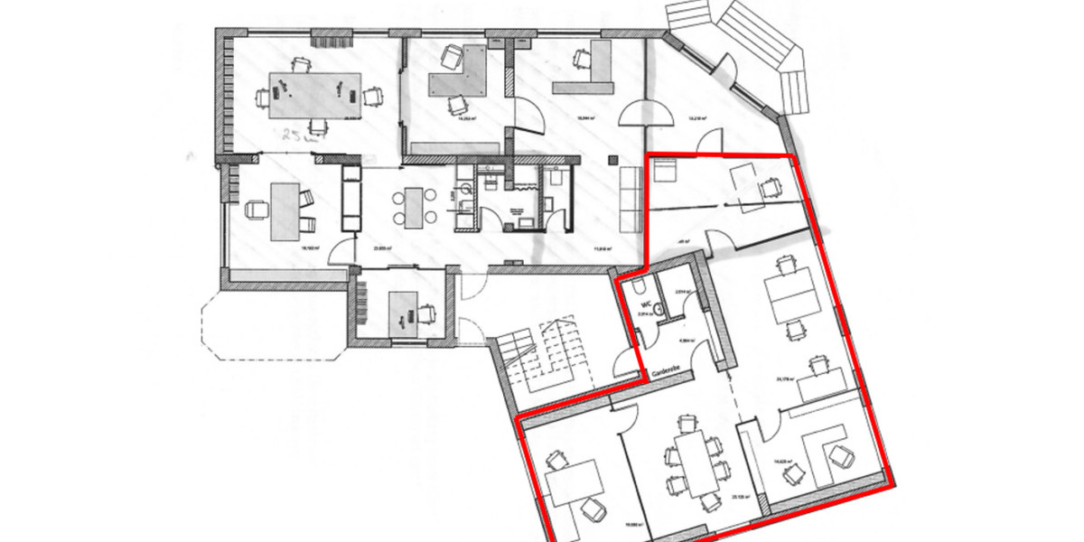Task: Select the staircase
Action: point(542,357)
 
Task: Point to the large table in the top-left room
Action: point(313,94)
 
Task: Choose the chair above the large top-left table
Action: point(301,62)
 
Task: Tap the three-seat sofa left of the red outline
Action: point(631,199)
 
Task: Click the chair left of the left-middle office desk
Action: point(257,210)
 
